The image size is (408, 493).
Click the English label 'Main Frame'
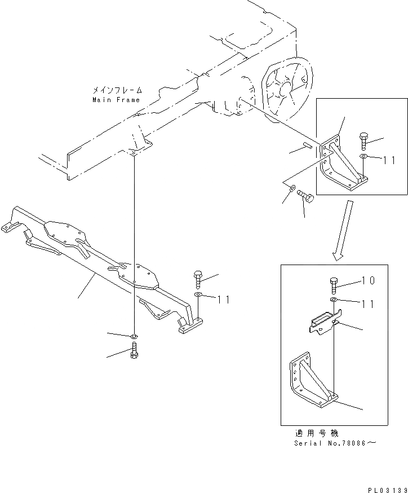coord(116,100)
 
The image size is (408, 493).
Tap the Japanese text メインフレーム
coord(117,91)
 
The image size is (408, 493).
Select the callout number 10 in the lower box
coord(368,280)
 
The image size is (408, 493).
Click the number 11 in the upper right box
coord(389,160)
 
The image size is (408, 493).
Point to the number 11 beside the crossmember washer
coord(223,300)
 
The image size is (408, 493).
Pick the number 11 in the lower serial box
coord(368,304)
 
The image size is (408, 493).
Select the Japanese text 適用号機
coord(317,434)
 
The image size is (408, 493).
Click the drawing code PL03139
coord(388,490)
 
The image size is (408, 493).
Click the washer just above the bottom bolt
coord(134,337)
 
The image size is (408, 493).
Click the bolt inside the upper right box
coord(363,142)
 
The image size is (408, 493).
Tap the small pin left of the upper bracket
coord(307,145)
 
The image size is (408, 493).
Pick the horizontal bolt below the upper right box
coord(305,195)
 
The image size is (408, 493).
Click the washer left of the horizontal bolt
coord(291,188)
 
